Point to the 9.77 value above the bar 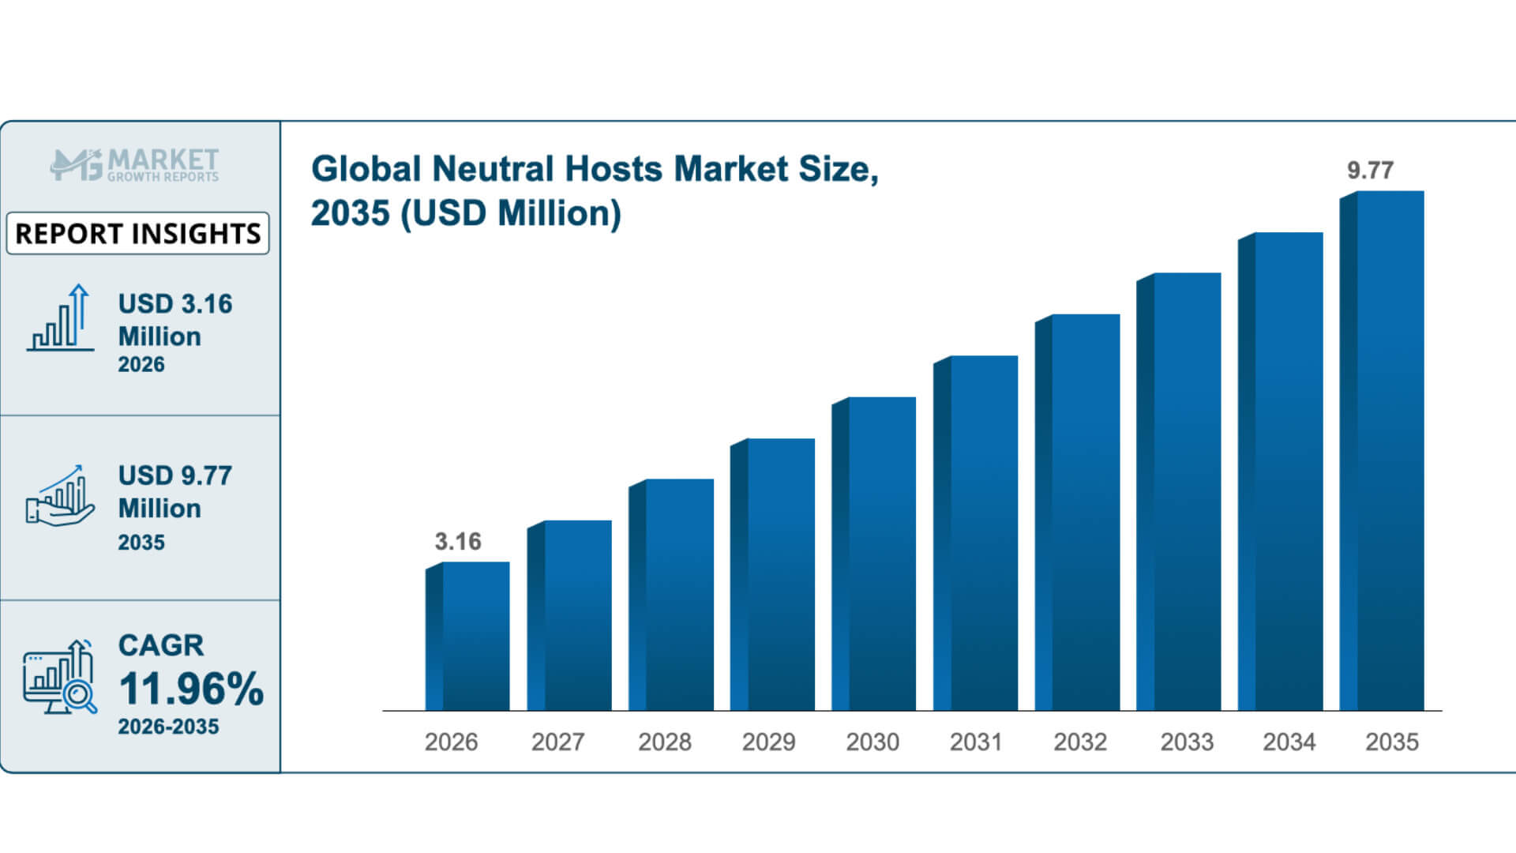pos(1370,170)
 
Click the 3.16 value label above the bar pos(457,541)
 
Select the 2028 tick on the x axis pos(664,742)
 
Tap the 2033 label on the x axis pos(1186,742)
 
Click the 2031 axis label pos(975,742)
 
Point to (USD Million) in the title pos(511,213)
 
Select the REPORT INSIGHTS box pos(137,233)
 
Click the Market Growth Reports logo pos(134,164)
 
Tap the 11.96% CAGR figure pos(191,689)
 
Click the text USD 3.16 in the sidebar pos(175,304)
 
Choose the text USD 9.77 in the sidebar pos(175,475)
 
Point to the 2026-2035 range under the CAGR pos(168,727)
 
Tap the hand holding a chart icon pos(60,495)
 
